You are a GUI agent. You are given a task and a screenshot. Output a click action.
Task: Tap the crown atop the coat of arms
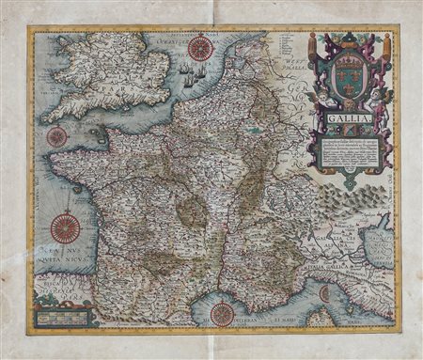(348, 41)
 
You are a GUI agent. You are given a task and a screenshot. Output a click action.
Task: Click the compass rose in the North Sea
(199, 48)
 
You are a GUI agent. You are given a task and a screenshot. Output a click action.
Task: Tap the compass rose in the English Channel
(57, 137)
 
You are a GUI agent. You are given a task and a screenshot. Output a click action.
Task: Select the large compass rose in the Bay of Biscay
(66, 227)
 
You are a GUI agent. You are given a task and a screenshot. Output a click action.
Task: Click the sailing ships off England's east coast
(192, 78)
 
